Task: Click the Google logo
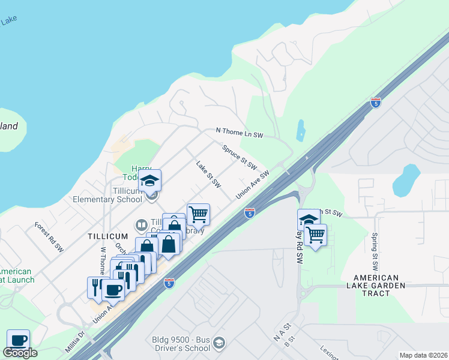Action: pos(20,353)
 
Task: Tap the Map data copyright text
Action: pos(423,355)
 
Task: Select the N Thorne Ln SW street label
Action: pos(240,133)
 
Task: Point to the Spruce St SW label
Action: pos(240,157)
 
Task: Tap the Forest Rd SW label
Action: pos(49,237)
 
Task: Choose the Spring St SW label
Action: pos(375,246)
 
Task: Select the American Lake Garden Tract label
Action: pos(376,286)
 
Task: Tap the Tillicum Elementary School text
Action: pos(107,195)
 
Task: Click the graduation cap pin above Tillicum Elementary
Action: pos(149,179)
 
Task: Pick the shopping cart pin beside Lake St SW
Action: pos(198,214)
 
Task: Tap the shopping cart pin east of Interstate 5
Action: pos(315,235)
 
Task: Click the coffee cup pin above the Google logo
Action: pos(18,340)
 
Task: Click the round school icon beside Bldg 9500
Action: pos(219,342)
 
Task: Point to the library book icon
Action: pos(141,225)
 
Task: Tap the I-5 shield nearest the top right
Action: pos(376,102)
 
